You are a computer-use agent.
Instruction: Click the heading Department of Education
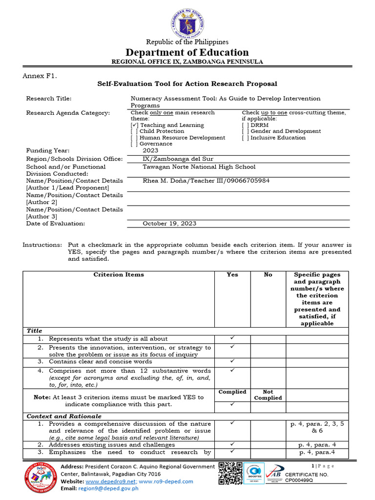coord(187,52)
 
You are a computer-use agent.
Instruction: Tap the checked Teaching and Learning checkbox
coord(134,125)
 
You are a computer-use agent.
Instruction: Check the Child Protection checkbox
coord(134,131)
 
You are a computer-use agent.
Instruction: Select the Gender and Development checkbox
coord(246,131)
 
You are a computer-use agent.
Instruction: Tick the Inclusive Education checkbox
coord(246,138)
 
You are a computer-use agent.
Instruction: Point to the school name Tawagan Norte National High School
coord(199,167)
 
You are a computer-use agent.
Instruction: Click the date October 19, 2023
coord(169,224)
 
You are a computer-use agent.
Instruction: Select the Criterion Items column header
coord(119,275)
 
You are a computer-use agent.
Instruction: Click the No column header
coord(268,275)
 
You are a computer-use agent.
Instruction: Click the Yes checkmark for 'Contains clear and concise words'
coord(232,361)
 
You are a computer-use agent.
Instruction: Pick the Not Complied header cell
coord(268,395)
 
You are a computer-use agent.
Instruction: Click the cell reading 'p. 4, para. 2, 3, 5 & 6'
coord(317,428)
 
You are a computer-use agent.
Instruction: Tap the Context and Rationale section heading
coord(64,417)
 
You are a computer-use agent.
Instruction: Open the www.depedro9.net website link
coord(114,481)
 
